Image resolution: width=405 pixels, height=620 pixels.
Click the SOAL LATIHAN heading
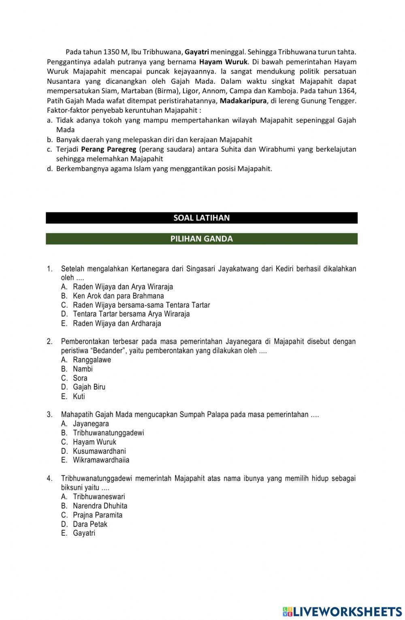tap(201, 218)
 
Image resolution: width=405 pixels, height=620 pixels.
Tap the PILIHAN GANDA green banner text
tap(201, 239)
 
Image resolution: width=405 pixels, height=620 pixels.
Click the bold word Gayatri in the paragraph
tap(197, 52)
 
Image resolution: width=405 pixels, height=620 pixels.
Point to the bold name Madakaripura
tap(243, 100)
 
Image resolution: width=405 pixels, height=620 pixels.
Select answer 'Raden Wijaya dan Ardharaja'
tap(117, 323)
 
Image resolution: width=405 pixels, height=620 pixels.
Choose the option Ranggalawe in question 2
tap(92, 360)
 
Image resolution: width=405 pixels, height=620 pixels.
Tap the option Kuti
tap(79, 397)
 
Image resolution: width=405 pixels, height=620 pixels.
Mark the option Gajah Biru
tap(89, 387)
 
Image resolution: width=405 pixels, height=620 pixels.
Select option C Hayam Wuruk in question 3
tap(94, 442)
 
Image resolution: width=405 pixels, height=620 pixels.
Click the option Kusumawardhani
tap(99, 451)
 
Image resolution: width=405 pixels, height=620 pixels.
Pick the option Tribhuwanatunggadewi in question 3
tap(109, 433)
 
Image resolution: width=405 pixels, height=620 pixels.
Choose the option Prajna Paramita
tap(98, 515)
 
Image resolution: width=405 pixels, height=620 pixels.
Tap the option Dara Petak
tap(90, 524)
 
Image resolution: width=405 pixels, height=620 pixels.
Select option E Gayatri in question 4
tap(84, 533)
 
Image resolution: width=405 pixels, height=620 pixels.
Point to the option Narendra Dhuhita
tap(100, 506)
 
